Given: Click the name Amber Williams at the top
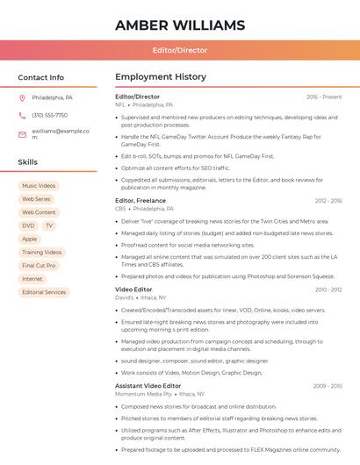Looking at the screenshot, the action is (179, 25).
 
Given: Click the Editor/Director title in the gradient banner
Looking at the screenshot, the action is (179, 50).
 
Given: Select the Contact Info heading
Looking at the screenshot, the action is (40, 77).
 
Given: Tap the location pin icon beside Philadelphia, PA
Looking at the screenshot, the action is (22, 97).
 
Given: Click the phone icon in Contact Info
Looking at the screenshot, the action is (22, 115).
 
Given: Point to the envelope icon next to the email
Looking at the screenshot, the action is (22, 133).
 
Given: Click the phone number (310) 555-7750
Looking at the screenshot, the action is (49, 115).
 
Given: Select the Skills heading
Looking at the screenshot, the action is (27, 162).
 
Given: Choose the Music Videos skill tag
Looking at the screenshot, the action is (39, 186).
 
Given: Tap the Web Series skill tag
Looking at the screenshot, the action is (36, 199).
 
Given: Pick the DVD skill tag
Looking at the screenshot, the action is (28, 225).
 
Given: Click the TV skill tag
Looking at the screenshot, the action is (49, 225).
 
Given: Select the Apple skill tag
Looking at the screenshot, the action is (30, 239).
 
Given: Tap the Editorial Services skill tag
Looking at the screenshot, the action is (44, 292).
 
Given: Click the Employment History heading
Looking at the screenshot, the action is (161, 77).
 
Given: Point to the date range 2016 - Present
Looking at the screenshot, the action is (324, 97).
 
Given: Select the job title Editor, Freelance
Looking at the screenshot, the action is (140, 201).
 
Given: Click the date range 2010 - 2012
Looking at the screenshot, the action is (328, 290).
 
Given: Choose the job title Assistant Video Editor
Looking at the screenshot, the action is (148, 386).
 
